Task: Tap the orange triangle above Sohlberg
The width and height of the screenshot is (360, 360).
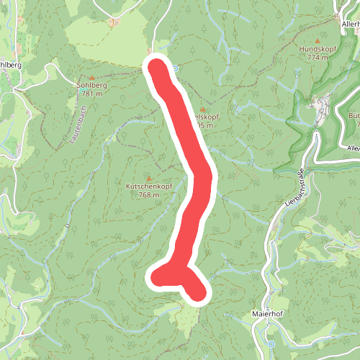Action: pos(92,77)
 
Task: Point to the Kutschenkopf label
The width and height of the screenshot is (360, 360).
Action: pos(148,186)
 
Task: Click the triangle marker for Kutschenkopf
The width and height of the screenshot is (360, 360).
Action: pos(149,178)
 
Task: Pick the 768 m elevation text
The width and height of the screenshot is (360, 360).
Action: pos(148,194)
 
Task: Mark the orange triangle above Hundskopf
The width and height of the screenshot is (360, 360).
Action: pos(316,40)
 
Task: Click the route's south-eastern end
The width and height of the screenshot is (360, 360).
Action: pos(198,292)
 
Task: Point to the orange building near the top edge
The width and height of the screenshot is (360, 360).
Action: pos(112,22)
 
